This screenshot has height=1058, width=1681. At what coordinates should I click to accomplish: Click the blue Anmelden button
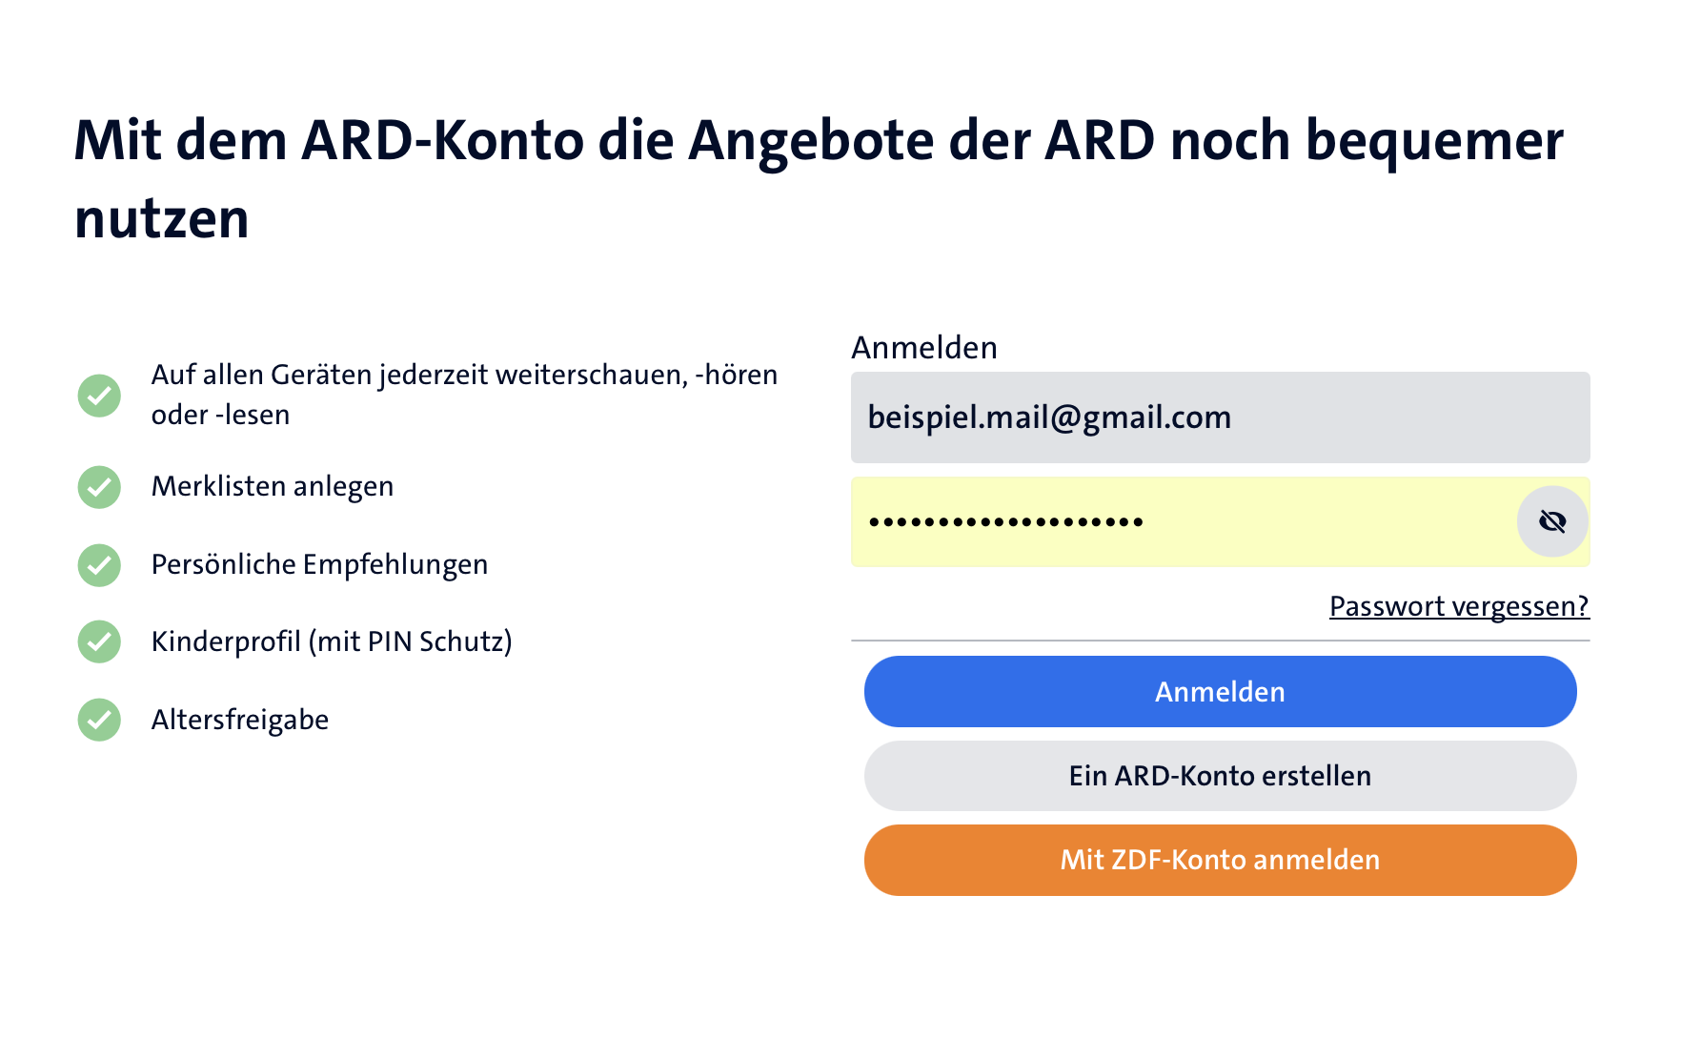tap(1220, 691)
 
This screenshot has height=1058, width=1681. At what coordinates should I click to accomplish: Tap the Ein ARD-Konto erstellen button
tap(1220, 776)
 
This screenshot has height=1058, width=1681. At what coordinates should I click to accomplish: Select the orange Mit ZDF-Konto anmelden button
tap(1220, 860)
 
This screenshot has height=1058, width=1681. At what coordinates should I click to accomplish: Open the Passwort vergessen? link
tap(1459, 606)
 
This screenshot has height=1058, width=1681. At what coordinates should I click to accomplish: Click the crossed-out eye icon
tap(1552, 521)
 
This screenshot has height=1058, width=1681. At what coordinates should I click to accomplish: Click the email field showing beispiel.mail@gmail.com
tap(1220, 417)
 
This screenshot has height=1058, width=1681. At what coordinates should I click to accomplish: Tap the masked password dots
tap(1005, 522)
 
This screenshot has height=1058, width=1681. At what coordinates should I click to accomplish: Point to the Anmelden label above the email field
tap(924, 348)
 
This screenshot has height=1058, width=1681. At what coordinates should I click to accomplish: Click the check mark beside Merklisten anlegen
tap(99, 487)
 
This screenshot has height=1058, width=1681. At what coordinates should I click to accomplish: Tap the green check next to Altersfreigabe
tap(99, 720)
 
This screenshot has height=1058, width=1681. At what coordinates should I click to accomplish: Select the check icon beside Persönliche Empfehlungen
tap(99, 565)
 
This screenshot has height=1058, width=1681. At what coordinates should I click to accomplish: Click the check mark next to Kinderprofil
tap(99, 641)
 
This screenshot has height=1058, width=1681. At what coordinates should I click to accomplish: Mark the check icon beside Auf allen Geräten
tap(99, 396)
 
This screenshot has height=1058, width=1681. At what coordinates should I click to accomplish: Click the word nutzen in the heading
tap(162, 219)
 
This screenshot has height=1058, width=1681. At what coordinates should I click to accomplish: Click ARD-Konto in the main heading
tap(442, 140)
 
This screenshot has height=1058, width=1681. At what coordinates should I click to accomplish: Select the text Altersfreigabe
tap(240, 720)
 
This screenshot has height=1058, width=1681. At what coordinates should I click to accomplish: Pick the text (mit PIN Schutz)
tap(411, 642)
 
